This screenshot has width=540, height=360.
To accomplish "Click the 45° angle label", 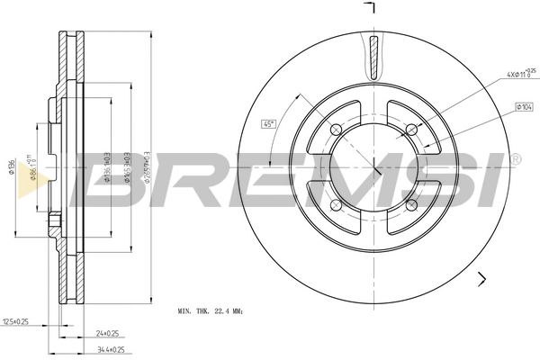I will [x=268, y=124].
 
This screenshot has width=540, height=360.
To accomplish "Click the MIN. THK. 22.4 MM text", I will [x=211, y=310].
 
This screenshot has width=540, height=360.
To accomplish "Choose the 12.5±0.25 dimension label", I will [x=17, y=320].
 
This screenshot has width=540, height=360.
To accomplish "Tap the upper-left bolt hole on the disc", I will [x=336, y=128].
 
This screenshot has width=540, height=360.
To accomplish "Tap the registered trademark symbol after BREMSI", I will [x=515, y=158].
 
